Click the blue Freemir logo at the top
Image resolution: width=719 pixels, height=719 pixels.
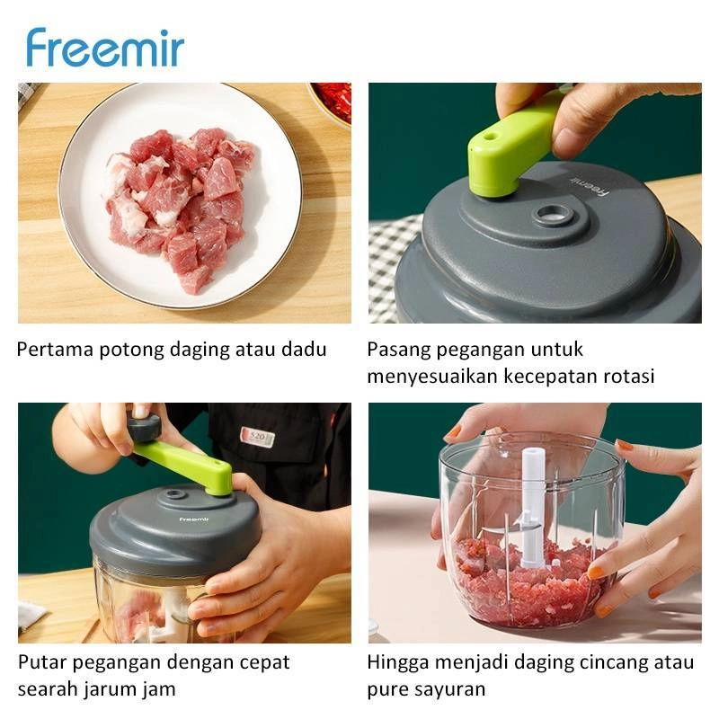[x=105, y=48]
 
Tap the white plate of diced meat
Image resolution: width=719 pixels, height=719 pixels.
[x=181, y=196]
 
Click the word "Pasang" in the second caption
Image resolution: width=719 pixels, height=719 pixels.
[x=398, y=351]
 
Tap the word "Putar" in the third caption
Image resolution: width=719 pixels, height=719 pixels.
[x=41, y=663]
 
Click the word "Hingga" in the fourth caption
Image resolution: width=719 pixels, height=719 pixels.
[x=398, y=663]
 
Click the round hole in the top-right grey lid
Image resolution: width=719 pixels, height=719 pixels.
[x=554, y=215]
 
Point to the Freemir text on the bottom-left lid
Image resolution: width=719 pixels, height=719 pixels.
[x=193, y=519]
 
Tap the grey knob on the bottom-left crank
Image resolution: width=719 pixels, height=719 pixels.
[x=144, y=429]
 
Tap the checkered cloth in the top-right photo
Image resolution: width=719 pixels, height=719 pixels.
[x=393, y=267]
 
